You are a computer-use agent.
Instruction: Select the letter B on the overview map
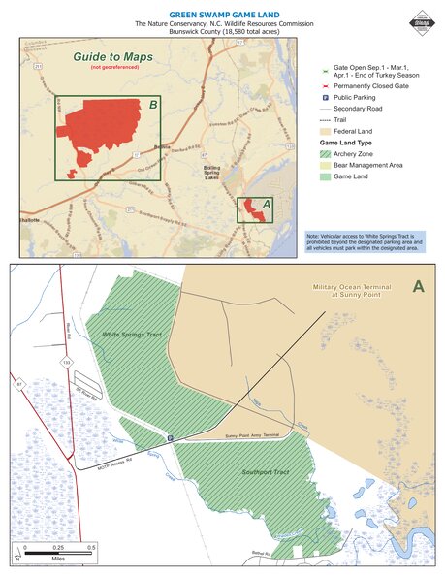coord(153,104)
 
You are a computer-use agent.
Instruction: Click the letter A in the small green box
coord(267,203)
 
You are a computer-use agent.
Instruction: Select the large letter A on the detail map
coord(418,286)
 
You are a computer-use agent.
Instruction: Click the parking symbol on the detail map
coord(171,438)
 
